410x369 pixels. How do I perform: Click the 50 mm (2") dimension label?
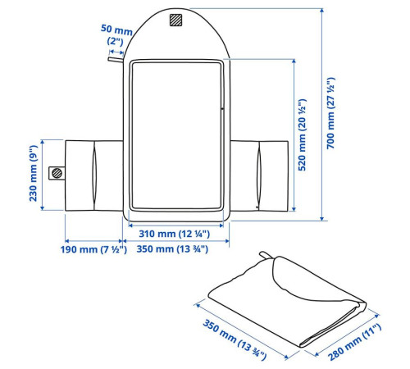point(116,34)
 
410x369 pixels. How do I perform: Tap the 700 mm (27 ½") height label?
point(330,113)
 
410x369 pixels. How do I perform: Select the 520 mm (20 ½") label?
point(302,135)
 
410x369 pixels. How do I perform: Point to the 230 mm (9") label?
point(33,173)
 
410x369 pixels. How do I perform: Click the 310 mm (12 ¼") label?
point(175,234)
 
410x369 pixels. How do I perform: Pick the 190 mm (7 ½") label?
point(93,249)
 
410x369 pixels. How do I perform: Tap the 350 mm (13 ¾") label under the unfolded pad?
point(172,249)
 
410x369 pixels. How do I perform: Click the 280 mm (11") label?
point(354,342)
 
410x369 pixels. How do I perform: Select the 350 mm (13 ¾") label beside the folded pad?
point(235,339)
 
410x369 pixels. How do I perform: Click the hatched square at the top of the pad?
point(175,20)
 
